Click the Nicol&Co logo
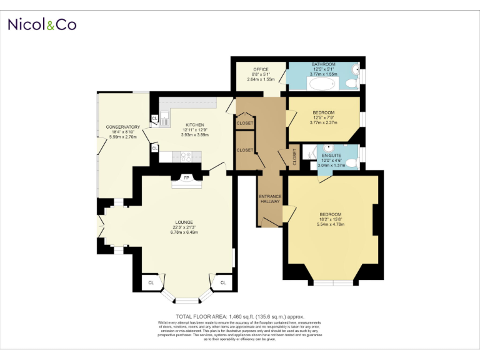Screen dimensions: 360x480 coord(42,24)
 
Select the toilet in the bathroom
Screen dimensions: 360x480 coord(353,82)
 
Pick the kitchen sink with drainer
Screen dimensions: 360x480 coord(166,117)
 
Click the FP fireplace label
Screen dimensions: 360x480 coord(186,178)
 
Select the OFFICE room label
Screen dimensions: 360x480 coord(261,69)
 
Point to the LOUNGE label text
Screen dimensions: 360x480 coord(184,222)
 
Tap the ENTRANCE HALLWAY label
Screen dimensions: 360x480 coord(270,199)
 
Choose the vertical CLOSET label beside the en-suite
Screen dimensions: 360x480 coord(295,157)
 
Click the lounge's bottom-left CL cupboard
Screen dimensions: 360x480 coord(151,283)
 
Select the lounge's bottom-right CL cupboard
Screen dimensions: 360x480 coord(222,283)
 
